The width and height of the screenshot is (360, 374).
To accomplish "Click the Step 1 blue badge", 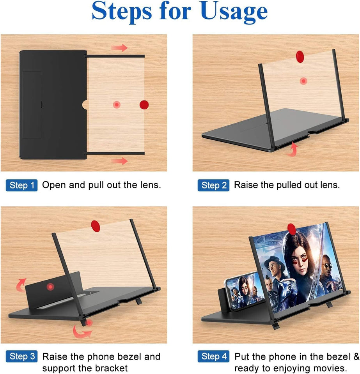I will [x=22, y=185].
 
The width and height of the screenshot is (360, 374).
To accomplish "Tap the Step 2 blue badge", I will [x=214, y=185].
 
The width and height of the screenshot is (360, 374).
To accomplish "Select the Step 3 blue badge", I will [x=22, y=356].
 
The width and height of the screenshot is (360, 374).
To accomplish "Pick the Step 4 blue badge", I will [x=214, y=356].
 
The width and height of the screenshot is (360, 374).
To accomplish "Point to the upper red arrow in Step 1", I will [x=119, y=48].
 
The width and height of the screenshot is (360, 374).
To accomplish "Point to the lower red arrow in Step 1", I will [x=119, y=161].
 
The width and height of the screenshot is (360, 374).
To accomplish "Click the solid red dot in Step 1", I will [x=144, y=104].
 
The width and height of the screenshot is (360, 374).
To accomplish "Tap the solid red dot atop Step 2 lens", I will [x=300, y=55].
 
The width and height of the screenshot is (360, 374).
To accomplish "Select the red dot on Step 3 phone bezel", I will [x=50, y=287].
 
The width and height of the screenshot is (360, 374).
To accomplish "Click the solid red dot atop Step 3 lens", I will [x=95, y=225].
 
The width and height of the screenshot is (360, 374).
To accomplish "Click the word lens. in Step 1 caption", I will [x=149, y=185].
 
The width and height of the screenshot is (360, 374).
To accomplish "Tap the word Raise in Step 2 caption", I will [x=246, y=185].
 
